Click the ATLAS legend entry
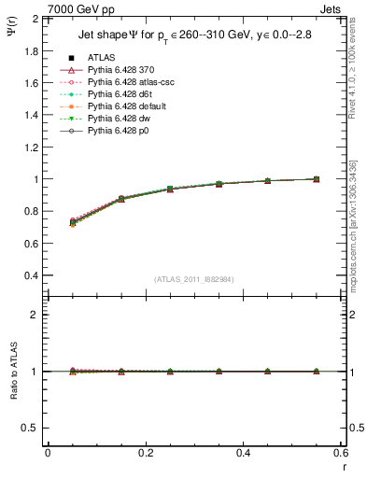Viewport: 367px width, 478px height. [x=100, y=57]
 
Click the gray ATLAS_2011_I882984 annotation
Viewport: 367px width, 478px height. [x=194, y=278]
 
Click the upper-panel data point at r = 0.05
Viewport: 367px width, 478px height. [x=72, y=222]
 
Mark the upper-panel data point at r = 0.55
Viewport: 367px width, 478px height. [x=317, y=179]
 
